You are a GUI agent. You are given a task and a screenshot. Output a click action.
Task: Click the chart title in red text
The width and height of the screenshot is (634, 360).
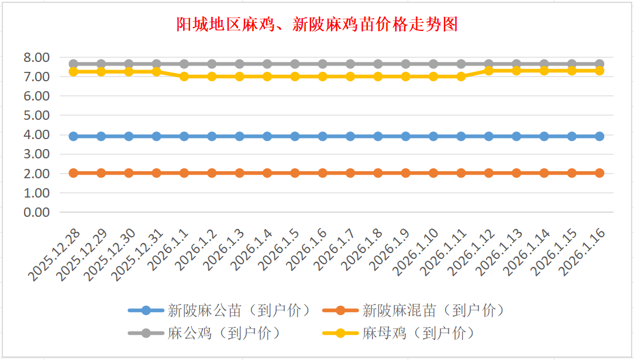(x=317, y=24)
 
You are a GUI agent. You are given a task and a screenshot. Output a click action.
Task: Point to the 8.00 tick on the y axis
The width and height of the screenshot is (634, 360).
(x=36, y=57)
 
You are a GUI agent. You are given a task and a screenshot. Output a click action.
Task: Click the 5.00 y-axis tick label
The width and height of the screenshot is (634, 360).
(x=36, y=115)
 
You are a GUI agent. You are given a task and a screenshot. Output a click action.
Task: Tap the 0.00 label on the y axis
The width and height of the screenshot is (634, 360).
(x=36, y=212)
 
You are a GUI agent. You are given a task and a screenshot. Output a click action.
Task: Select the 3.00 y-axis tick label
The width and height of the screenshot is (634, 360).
(x=36, y=154)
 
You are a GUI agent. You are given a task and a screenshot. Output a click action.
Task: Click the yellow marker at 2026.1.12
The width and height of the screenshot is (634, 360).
(x=489, y=70)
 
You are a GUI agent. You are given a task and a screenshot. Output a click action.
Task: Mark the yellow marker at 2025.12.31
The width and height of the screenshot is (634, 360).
(x=157, y=71)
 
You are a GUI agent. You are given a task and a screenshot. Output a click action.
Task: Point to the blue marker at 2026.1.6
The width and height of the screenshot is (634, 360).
(x=323, y=136)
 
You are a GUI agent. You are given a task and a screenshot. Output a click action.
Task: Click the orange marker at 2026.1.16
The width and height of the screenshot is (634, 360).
(x=599, y=173)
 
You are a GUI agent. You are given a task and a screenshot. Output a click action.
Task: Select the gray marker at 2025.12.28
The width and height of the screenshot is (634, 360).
(x=74, y=64)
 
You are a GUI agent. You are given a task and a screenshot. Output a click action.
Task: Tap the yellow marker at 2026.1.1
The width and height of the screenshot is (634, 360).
(x=184, y=77)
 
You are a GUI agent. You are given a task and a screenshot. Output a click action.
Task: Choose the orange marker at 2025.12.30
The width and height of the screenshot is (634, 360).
(x=129, y=173)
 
